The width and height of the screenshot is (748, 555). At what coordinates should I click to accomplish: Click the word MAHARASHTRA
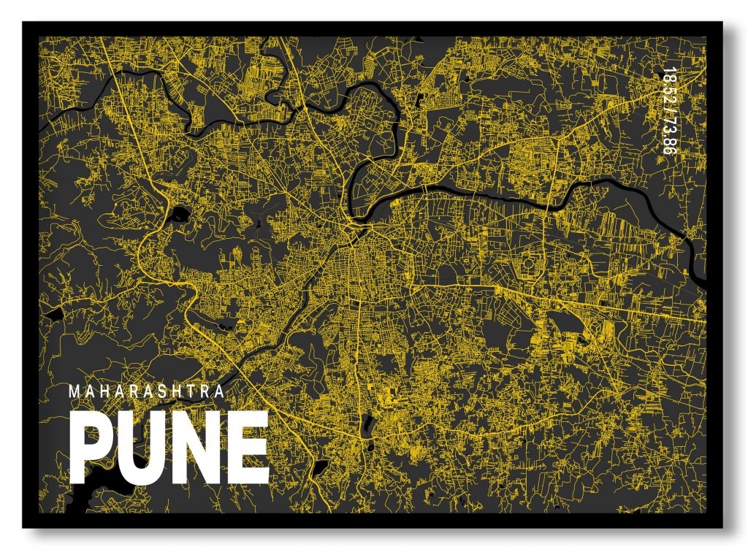(146, 391)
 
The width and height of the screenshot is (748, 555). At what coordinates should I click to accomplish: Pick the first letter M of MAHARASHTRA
(74, 391)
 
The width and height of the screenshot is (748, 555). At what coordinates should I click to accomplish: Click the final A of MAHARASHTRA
(218, 391)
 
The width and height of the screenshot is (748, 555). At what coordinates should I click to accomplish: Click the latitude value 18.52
(666, 86)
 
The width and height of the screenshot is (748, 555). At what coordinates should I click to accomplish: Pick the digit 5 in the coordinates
(666, 92)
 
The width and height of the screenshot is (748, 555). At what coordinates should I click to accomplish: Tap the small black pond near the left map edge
(52, 315)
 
